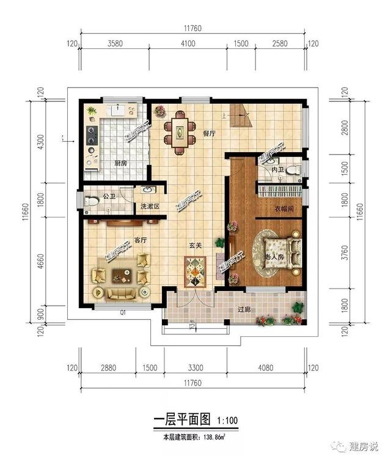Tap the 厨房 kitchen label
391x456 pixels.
tap(120, 163)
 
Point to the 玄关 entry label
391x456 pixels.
tap(195, 245)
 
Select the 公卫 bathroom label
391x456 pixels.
tap(109, 196)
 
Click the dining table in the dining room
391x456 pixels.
tap(180, 131)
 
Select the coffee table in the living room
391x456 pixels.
tap(120, 279)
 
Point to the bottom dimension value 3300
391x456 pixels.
tap(193, 368)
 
